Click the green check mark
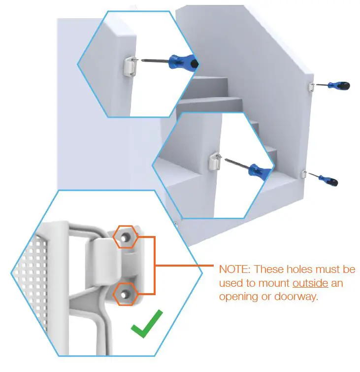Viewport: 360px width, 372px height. pos(146,323)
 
